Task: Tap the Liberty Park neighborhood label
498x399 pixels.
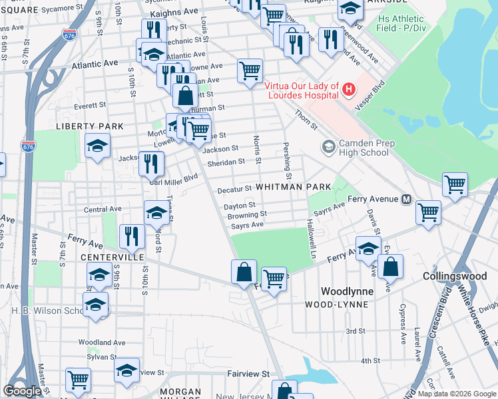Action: [89, 126]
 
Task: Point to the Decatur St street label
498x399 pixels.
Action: [234, 189]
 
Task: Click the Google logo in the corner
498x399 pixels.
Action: [22, 390]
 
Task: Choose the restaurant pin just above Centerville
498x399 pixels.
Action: [131, 235]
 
